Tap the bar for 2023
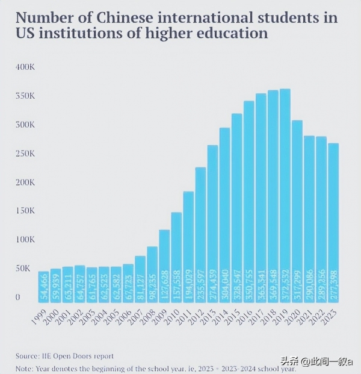click(333, 220)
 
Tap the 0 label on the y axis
click(18, 297)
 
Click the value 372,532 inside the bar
click(285, 280)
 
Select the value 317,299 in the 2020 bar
click(297, 281)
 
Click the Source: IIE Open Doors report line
click(65, 356)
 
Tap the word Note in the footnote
click(25, 369)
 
